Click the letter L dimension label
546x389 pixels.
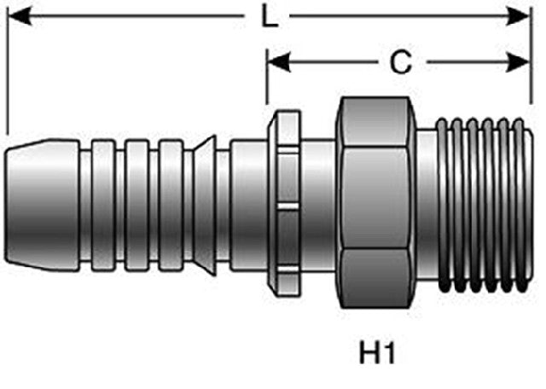pos(270,16)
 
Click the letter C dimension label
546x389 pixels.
pos(401,62)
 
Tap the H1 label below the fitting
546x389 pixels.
pos(377,352)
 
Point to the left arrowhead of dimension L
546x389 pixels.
pos(20,16)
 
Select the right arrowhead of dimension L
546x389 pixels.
pos(518,16)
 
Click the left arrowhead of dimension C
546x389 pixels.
pos(279,62)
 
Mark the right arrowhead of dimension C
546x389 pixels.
pos(518,62)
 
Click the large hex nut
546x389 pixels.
pos(375,202)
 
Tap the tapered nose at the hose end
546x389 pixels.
pos(43,205)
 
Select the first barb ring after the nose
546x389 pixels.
pos(102,205)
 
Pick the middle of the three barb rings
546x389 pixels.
pos(136,205)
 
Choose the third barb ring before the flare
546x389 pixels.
pos(171,205)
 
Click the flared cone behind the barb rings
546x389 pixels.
pos(205,205)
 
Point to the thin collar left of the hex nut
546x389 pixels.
pos(285,204)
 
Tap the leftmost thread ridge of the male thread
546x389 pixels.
pos(444,206)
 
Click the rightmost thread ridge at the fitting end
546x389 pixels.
pos(520,206)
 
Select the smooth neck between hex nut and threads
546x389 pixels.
pos(426,205)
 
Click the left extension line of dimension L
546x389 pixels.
pos(8,70)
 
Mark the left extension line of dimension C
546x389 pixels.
pos(267,77)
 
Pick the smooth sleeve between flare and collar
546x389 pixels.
pos(249,205)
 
